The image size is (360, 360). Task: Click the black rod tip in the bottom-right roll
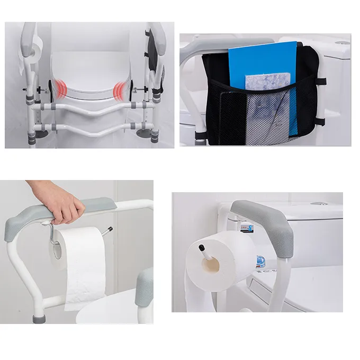click(202, 247)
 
